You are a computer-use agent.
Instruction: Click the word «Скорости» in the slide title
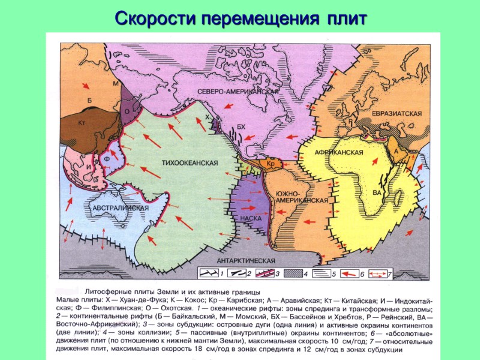click(x=154, y=18)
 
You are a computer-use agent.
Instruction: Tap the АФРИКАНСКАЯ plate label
click(x=340, y=152)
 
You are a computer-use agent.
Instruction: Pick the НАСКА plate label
click(x=250, y=218)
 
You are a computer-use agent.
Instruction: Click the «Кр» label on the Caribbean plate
click(x=270, y=163)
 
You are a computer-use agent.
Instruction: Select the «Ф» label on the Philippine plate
click(x=108, y=158)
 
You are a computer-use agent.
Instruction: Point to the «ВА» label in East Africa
click(x=377, y=193)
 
